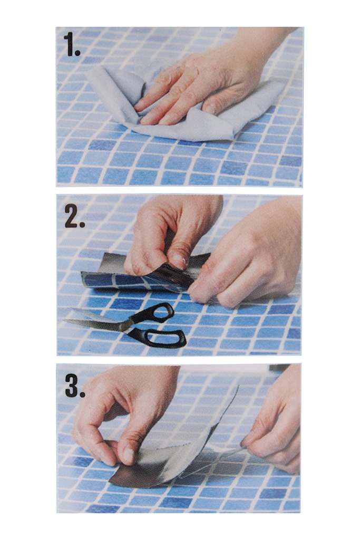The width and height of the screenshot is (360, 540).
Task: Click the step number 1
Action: point(72,45)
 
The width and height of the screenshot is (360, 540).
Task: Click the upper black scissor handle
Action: point(157,312)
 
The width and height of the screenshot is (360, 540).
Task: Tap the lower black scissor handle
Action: point(162,337)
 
